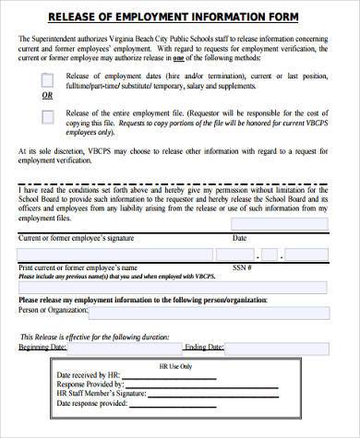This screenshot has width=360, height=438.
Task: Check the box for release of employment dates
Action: coord(47,79)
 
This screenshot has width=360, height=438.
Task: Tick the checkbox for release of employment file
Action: coord(47,116)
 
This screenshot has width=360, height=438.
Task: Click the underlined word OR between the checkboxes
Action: coord(47,95)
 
